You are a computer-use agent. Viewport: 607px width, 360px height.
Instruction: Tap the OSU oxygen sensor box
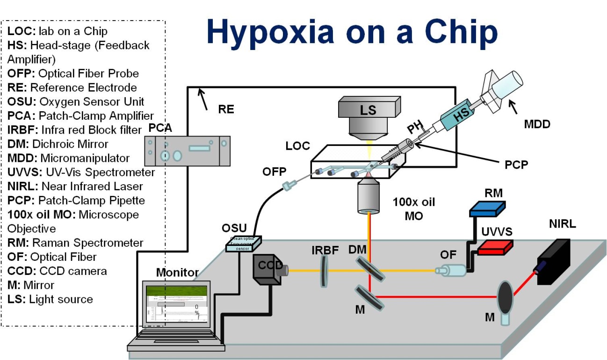pos(243,243)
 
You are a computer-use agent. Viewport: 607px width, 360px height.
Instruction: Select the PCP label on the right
pos(517,166)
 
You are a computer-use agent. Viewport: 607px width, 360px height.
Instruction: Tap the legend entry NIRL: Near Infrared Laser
pos(75,186)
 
